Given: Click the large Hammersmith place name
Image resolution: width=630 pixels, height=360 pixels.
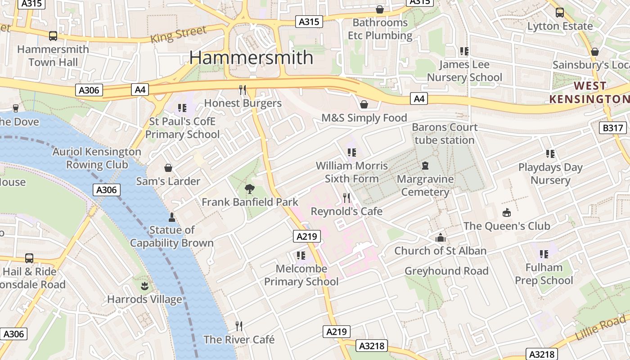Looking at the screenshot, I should coord(251,58).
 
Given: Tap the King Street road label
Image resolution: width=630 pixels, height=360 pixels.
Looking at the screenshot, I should coord(178,34).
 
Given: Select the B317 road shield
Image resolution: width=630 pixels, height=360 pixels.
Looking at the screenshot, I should coord(613,128).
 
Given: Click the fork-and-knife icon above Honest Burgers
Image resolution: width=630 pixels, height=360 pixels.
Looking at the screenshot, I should coord(243,90).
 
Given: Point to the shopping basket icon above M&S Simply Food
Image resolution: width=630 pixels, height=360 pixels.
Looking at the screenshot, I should coord(364,104).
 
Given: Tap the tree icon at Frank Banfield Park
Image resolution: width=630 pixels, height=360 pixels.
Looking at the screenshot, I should coord(249,189).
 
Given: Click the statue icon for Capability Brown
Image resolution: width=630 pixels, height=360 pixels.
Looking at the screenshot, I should coord(171,217).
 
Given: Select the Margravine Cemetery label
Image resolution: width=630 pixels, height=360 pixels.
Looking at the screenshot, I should coord(425,186).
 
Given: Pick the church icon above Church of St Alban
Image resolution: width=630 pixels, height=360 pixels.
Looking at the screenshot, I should coord(440,238).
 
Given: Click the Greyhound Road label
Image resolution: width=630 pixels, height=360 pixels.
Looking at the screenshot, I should coord(446,271).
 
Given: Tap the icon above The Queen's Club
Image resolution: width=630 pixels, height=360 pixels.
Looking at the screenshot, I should coord(507,212).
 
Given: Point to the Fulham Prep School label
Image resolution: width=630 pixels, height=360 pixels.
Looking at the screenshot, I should coord(544,274).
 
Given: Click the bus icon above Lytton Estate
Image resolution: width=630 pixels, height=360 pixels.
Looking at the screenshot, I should coord(560,12).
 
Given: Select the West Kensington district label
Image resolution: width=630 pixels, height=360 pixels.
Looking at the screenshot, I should coord(589,92).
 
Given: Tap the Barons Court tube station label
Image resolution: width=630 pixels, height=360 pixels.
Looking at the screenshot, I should coord(445,134).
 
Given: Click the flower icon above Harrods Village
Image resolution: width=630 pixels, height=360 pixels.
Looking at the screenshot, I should coord(144,286).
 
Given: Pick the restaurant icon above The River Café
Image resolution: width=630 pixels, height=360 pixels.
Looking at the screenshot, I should coord(239,326).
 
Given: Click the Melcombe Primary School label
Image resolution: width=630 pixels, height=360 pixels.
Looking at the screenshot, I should coord(301,275).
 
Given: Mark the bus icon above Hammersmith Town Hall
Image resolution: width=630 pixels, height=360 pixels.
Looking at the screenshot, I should coord(53,36).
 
